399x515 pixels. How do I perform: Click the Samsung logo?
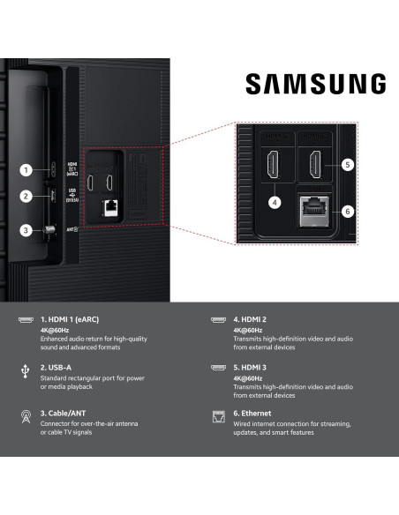(314, 85)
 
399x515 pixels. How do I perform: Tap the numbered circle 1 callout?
(26, 170)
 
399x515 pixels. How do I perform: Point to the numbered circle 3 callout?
(26, 232)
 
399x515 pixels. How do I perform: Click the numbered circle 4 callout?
(275, 202)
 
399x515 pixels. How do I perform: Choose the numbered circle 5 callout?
(347, 164)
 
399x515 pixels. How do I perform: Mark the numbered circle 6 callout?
(347, 211)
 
